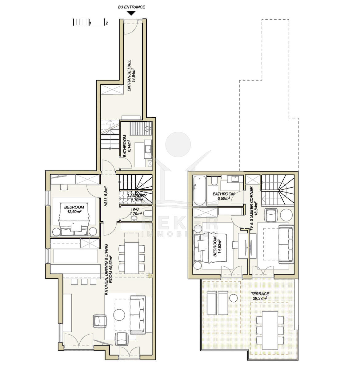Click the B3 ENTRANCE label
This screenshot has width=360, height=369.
pyautogui.click(x=131, y=7)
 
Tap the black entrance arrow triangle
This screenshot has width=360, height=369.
pyautogui.click(x=131, y=13)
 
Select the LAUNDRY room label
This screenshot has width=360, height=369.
pyautogui.click(x=137, y=195)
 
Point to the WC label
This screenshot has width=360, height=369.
pyautogui.click(x=136, y=209)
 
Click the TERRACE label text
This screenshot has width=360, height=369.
pyautogui.click(x=260, y=294)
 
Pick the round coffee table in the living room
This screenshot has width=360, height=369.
pyautogui.click(x=119, y=315)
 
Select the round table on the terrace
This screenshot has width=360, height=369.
pyautogui.click(x=233, y=298)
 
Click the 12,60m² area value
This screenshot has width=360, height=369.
pyautogui.click(x=74, y=212)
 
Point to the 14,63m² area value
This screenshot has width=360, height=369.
pyautogui.click(x=220, y=246)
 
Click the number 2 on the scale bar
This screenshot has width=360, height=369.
pyautogui.click(x=107, y=23)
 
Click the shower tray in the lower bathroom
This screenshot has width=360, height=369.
pyautogui.click(x=141, y=128)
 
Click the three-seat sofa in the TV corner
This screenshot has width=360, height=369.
pyautogui.click(x=286, y=244)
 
